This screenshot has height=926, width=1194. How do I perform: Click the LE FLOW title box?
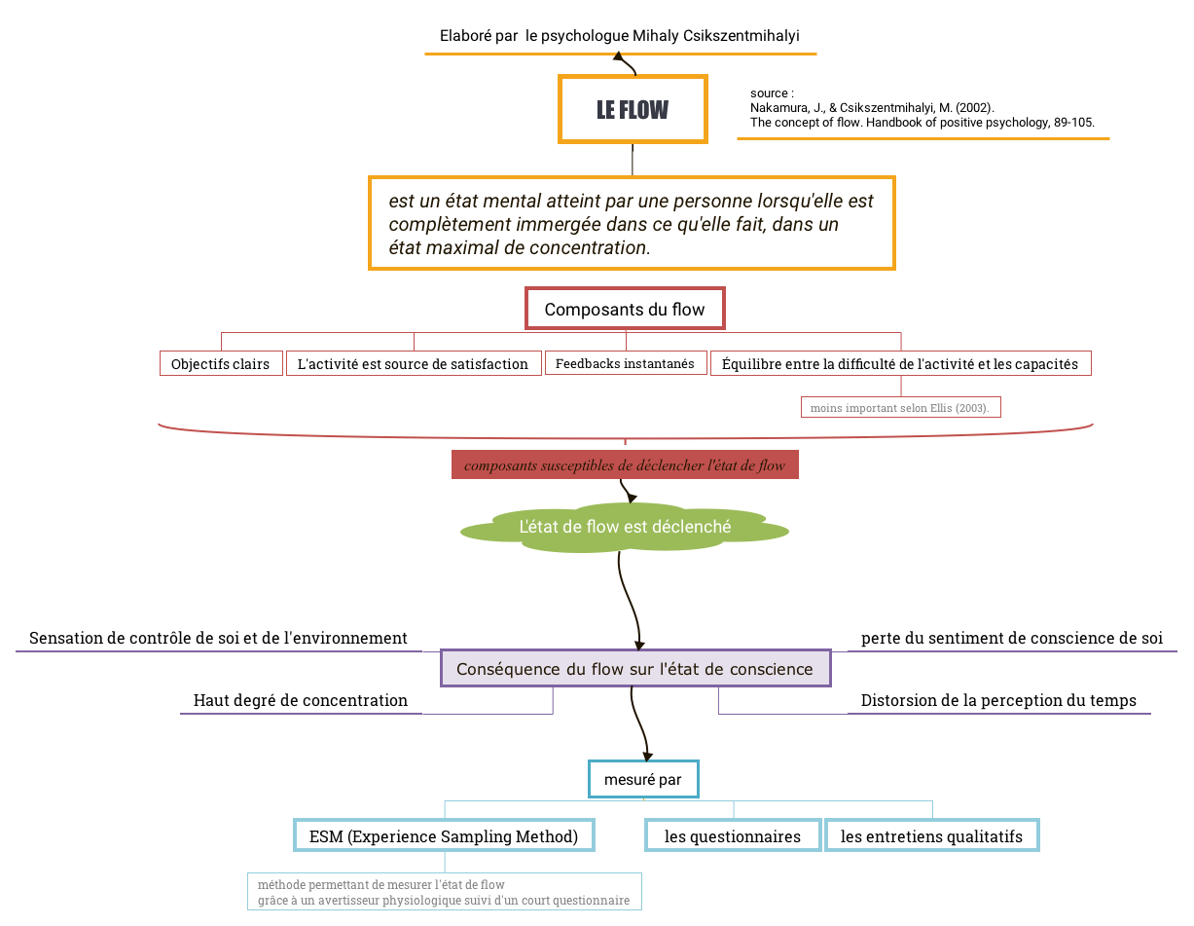tap(632, 109)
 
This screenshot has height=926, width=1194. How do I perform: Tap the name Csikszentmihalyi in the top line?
tap(741, 36)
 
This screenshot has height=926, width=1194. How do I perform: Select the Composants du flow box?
tap(625, 309)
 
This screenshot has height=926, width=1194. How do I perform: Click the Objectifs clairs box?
tap(221, 363)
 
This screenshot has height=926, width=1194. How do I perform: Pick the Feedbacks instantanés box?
tap(626, 363)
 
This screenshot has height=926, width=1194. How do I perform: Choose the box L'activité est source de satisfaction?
tap(414, 363)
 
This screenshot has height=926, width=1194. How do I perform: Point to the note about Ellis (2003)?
tap(900, 407)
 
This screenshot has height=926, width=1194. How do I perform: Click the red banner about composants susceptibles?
tap(625, 464)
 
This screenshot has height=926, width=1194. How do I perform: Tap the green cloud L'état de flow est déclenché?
tap(625, 527)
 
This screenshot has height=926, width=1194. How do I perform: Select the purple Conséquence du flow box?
tap(635, 668)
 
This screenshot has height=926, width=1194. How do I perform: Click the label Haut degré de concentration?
tap(301, 700)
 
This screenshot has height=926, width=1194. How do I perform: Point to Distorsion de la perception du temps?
tap(998, 700)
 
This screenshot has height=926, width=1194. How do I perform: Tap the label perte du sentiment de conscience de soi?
tap(1012, 638)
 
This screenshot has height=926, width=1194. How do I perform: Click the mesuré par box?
tap(643, 779)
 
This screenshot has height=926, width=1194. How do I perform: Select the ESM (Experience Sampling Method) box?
tap(444, 835)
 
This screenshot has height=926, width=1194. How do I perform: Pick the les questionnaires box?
tap(733, 835)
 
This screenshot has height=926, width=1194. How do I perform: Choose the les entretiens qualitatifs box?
tap(931, 835)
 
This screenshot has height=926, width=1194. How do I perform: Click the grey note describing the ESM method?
tap(444, 891)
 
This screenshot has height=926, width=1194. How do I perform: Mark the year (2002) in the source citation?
tap(974, 108)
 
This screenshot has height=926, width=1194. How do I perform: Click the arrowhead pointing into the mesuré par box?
tap(648, 757)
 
